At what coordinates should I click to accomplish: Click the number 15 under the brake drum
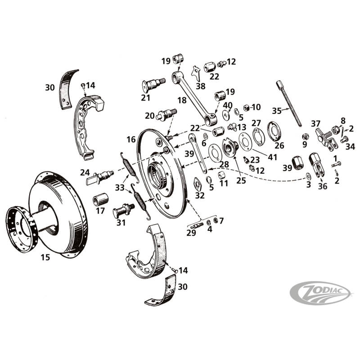(x=45, y=258)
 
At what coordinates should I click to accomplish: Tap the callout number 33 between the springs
(x=119, y=188)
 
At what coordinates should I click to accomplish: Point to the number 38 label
(x=200, y=85)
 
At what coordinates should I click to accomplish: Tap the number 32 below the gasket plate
(x=200, y=196)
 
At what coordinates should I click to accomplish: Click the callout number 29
(x=191, y=233)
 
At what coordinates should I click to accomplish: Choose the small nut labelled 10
(x=246, y=108)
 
